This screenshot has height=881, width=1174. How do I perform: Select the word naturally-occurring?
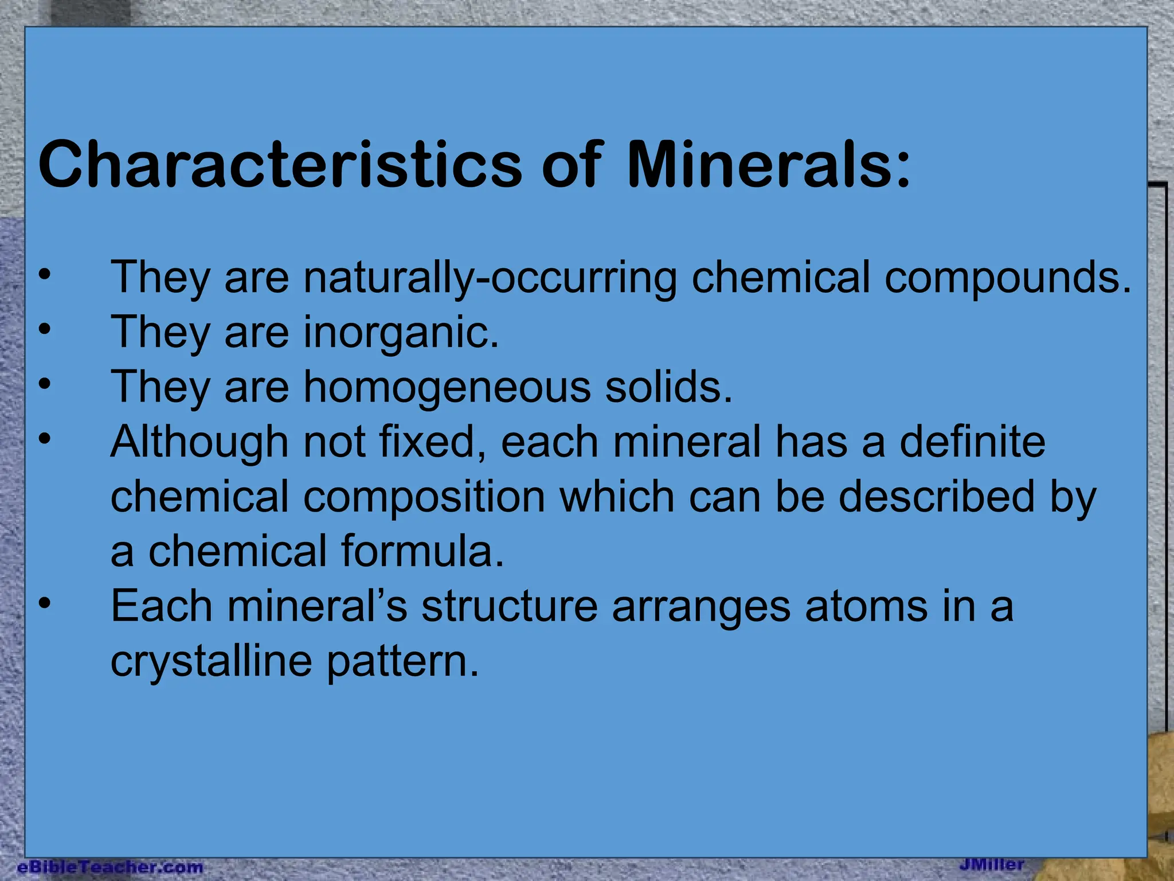pyautogui.click(x=490, y=278)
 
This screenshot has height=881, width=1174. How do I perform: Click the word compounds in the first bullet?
pyautogui.click(x=1007, y=278)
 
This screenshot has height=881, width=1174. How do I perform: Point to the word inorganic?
pyautogui.click(x=400, y=333)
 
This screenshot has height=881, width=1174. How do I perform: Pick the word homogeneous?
pyautogui.click(x=447, y=387)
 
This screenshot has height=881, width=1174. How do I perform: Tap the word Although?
pyautogui.click(x=199, y=442)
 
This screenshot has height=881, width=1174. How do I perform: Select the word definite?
pyautogui.click(x=972, y=442)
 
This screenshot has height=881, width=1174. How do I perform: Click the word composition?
pyautogui.click(x=424, y=497)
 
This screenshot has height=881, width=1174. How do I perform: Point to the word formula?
pyautogui.click(x=422, y=551)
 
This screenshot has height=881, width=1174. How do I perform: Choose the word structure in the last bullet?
pyautogui.click(x=510, y=606)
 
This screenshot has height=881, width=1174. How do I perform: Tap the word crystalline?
pyautogui.click(x=212, y=661)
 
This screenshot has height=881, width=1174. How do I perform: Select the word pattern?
pyautogui.click(x=402, y=661)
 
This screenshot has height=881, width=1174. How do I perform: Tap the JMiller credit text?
pyautogui.click(x=992, y=864)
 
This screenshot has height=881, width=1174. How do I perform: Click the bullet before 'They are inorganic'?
pyautogui.click(x=45, y=329)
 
